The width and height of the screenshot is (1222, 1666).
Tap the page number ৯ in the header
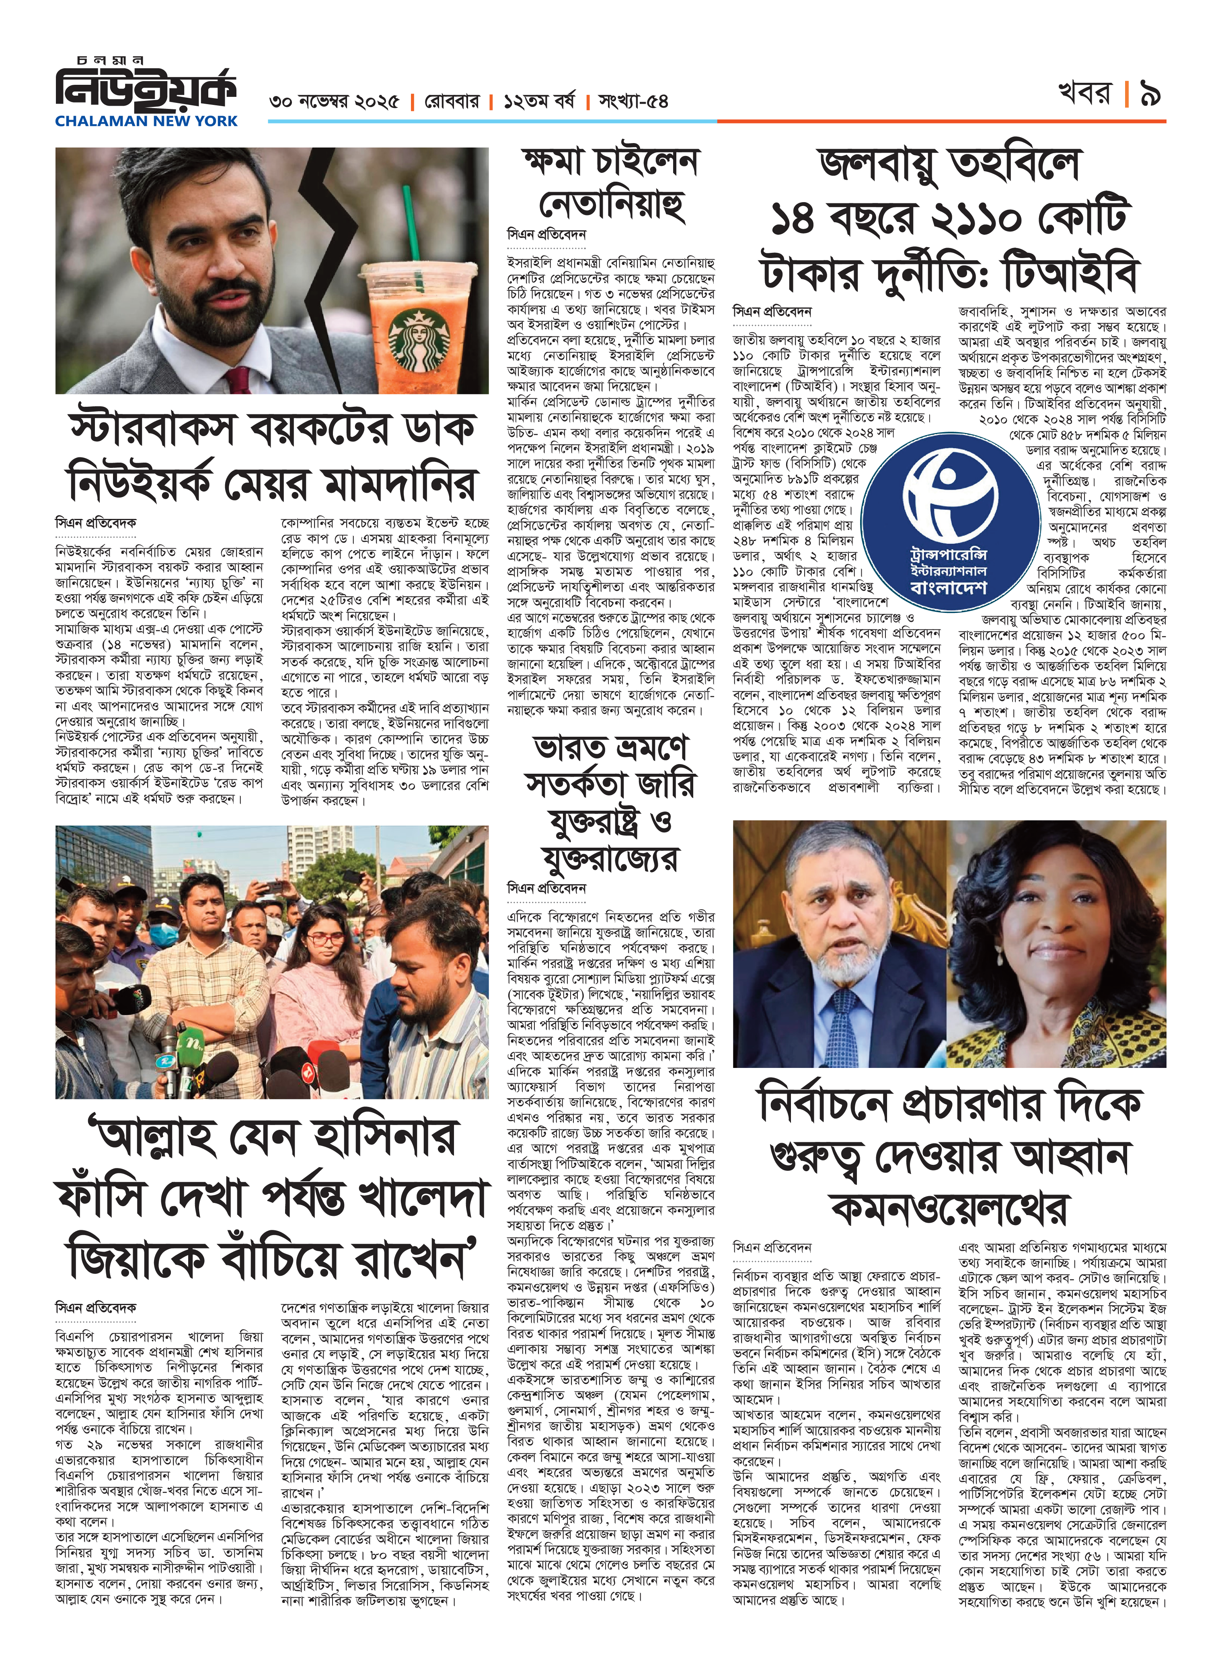click(x=1150, y=94)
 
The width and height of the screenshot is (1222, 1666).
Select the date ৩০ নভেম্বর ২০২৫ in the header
click(x=334, y=101)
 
